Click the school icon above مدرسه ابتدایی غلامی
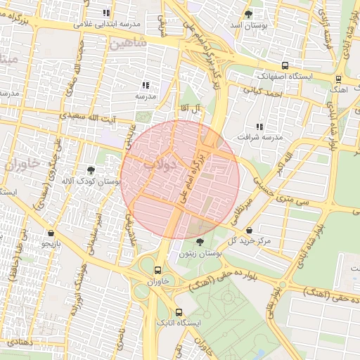point(106,13)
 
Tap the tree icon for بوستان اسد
point(248,14)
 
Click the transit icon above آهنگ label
point(338,79)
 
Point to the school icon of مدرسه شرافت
point(259,127)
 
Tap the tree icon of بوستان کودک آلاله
point(91,169)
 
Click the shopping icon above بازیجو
point(51,233)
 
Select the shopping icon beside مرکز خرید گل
point(250,230)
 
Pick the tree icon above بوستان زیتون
point(200,242)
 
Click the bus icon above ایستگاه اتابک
point(178,312)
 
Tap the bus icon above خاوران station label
point(157,269)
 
